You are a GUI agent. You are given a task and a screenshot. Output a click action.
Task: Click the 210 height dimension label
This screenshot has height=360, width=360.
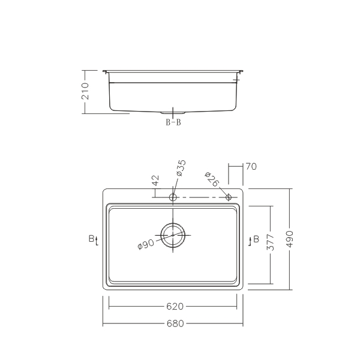point(85,91)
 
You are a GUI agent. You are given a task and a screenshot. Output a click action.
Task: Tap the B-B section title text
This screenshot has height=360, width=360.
point(173,122)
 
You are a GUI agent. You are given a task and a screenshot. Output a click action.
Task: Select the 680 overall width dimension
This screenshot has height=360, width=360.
point(175,323)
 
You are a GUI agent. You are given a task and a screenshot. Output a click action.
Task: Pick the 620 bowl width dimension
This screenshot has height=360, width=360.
point(175,306)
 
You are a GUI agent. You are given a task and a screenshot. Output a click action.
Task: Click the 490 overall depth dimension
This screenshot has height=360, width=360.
point(290,239)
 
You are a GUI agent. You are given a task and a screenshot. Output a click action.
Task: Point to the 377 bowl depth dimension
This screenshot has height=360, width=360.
point(271,242)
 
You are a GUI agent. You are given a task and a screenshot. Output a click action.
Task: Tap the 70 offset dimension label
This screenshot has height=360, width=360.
point(251,166)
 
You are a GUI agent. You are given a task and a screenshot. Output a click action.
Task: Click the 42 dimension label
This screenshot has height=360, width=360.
point(155,180)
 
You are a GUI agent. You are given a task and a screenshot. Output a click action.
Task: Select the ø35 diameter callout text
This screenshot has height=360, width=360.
point(181,168)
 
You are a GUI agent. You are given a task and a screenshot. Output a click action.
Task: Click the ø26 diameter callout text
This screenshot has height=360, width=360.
point(211,179)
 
